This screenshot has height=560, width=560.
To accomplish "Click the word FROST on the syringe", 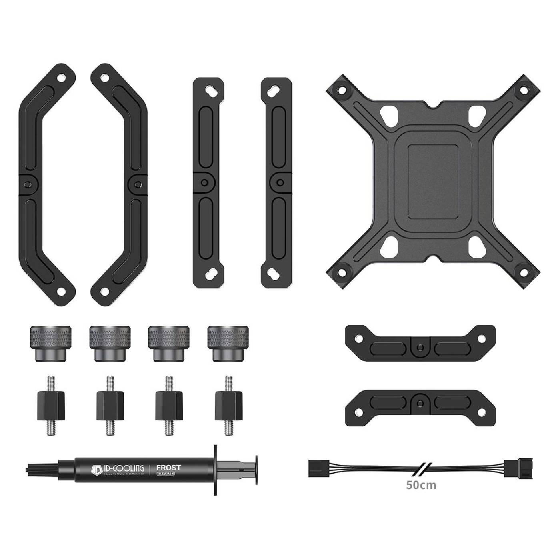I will coord(168,467).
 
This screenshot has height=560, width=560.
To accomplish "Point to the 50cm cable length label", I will coord(421,485).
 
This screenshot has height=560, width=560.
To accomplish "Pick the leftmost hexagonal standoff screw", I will coord(50,406).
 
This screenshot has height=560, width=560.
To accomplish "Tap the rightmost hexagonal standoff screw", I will coord(228,406).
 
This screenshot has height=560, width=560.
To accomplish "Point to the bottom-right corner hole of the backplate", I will coord(524,269).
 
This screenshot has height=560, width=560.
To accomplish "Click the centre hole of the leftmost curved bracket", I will coord(27,184).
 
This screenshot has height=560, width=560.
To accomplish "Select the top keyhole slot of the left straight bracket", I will coord(208,90).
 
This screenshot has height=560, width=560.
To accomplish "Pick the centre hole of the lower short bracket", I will coord(420,402).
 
